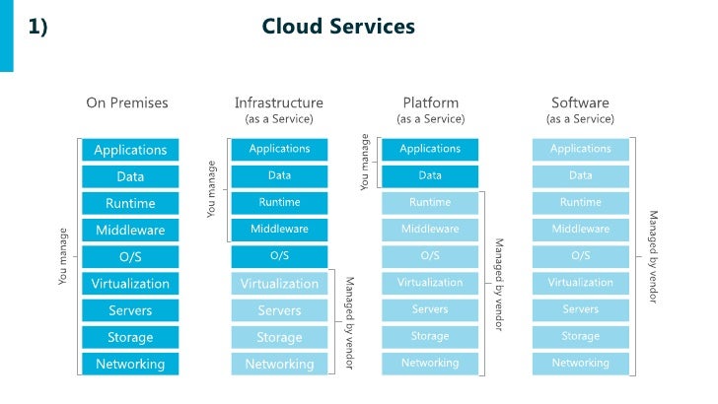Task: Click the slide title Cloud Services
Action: pyautogui.click(x=338, y=27)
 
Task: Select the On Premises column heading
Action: pyautogui.click(x=127, y=102)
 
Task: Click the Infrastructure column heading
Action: pyautogui.click(x=278, y=102)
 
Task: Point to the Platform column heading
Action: pyautogui.click(x=430, y=102)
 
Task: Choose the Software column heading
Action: pyautogui.click(x=580, y=102)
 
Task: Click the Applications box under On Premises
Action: pyautogui.click(x=130, y=150)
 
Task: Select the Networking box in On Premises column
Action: pyautogui.click(x=130, y=364)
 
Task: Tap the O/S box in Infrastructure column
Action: pyautogui.click(x=279, y=256)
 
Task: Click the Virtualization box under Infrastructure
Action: pyautogui.click(x=279, y=284)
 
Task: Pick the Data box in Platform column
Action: pyautogui.click(x=430, y=176)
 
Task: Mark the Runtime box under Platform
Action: pyautogui.click(x=430, y=203)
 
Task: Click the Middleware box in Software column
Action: pyautogui.click(x=580, y=230)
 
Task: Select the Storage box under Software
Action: pyautogui.click(x=580, y=337)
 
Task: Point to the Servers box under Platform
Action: pyautogui.click(x=430, y=309)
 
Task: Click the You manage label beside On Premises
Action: pyautogui.click(x=63, y=257)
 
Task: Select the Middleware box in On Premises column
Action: pyautogui.click(x=130, y=231)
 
